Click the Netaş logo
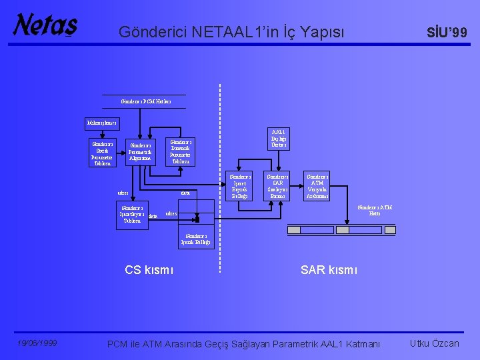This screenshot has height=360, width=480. click(x=45, y=25)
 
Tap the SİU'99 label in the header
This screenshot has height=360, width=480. click(x=447, y=31)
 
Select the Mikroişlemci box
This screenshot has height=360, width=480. click(x=101, y=123)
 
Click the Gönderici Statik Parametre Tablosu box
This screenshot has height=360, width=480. click(x=103, y=153)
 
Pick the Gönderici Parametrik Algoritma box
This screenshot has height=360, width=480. click(x=140, y=153)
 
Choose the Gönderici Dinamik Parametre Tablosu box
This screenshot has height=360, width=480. click(x=181, y=151)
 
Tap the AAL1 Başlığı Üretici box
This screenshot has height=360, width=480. click(x=277, y=138)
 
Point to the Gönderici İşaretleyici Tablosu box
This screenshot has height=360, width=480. click(x=132, y=215)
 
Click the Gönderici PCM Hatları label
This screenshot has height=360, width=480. click(x=146, y=101)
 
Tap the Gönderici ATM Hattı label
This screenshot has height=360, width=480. click(x=375, y=210)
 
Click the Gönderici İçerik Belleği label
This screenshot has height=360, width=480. click(x=197, y=239)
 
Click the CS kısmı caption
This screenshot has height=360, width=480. click(x=149, y=270)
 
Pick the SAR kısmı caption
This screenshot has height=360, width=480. click(x=329, y=270)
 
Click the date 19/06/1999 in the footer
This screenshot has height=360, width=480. click(x=37, y=343)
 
